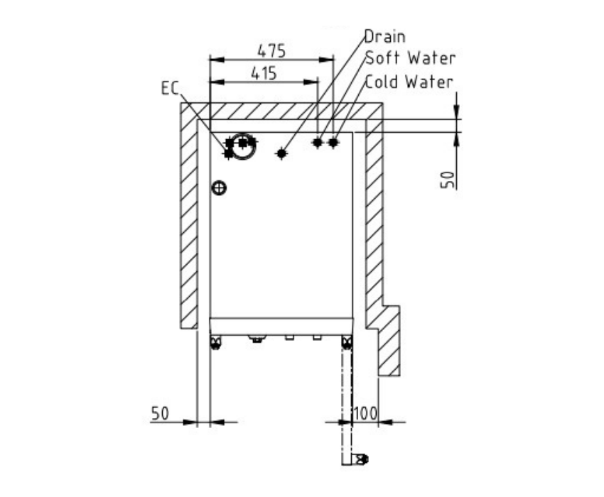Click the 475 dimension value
pyautogui.click(x=271, y=51)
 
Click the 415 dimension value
pyautogui.click(x=264, y=73)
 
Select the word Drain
pyautogui.click(x=385, y=37)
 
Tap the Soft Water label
pyautogui.click(x=411, y=58)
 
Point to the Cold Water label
pyautogui.click(x=409, y=82)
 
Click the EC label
pyautogui.click(x=170, y=88)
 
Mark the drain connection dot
pyautogui.click(x=281, y=153)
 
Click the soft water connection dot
pyautogui.click(x=318, y=143)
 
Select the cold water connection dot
pyautogui.click(x=333, y=143)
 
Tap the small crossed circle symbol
pyautogui.click(x=219, y=188)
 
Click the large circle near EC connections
pyautogui.click(x=243, y=147)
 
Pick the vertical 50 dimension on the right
pyautogui.click(x=447, y=180)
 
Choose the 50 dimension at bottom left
pyautogui.click(x=160, y=413)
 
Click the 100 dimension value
pyautogui.click(x=365, y=413)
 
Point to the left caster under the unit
pyautogui.click(x=215, y=342)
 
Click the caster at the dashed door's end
pyautogui.click(x=362, y=459)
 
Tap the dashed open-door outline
pyautogui.click(x=347, y=400)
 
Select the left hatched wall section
pyautogui.click(x=189, y=216)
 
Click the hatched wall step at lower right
pyautogui.click(x=388, y=340)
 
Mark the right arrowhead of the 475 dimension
pyautogui.click(x=327, y=60)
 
